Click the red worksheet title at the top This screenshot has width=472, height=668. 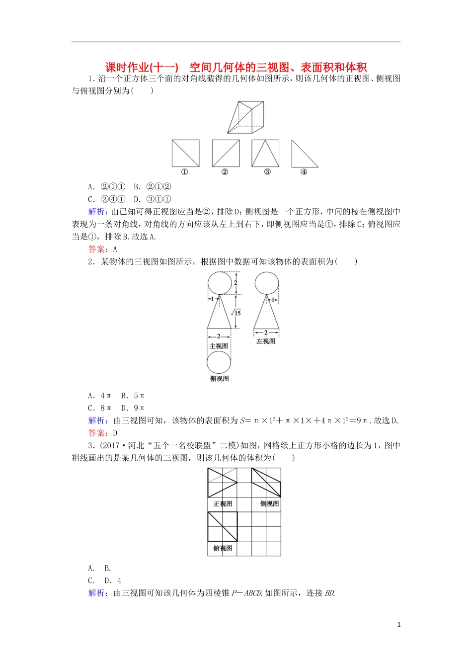coord(236,67)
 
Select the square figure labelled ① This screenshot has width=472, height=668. coord(185,153)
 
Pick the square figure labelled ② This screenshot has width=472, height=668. coord(226,153)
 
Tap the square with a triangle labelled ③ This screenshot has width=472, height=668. coord(265,153)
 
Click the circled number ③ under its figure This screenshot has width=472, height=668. coord(267,172)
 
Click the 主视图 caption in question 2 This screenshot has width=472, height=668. coord(219,346)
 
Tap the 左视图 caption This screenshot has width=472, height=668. coord(266,341)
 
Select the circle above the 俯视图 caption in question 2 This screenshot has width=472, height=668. coord(219,362)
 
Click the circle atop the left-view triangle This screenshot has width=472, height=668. coord(266,283)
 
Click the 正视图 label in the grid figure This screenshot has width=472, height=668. coord(223,503)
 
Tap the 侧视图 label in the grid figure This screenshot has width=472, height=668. coord(269,503)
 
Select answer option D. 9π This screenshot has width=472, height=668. coord(133,408)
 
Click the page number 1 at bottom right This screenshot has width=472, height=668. coord(399,625)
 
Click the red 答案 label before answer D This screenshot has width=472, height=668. coord(97,433)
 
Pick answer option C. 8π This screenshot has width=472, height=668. coord(99,408)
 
